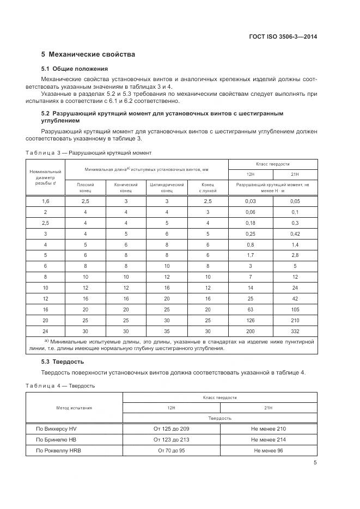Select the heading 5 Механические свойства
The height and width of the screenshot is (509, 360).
88,54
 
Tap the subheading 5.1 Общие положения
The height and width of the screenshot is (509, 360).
75,69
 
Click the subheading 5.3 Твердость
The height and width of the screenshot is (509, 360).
62,361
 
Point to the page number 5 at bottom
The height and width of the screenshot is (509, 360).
315,463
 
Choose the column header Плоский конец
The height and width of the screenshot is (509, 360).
86,188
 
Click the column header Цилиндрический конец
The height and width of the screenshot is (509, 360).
167,188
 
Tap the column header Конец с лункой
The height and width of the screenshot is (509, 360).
208,188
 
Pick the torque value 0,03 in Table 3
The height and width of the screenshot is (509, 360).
250,201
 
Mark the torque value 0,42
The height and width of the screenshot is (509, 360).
295,234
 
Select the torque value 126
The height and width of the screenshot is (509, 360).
250,320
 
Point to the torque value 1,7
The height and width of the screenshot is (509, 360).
250,255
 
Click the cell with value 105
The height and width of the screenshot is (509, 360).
295,309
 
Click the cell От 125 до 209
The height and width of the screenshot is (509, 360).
172,429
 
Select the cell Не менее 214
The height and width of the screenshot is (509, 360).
269,439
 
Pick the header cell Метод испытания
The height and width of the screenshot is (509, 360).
74,407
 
